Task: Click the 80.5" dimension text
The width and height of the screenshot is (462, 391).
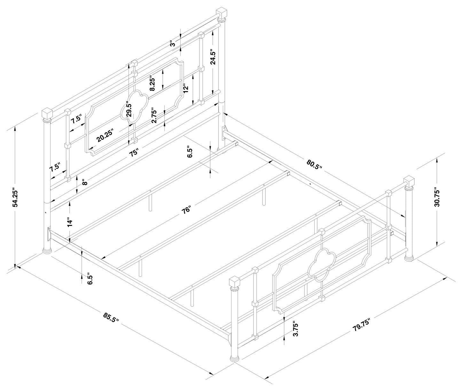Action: click(314, 164)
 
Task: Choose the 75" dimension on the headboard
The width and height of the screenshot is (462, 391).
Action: click(134, 152)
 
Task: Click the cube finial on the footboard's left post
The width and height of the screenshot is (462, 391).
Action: click(235, 282)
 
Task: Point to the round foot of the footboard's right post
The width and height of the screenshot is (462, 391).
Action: click(409, 257)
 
